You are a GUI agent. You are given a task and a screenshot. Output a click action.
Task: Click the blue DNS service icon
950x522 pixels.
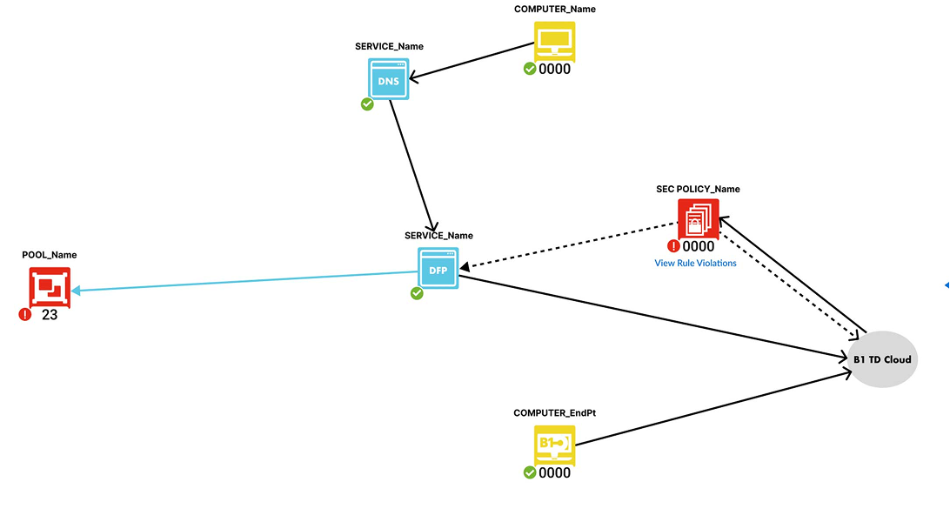click(x=388, y=79)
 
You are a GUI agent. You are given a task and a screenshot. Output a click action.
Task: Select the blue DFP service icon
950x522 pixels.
click(x=438, y=268)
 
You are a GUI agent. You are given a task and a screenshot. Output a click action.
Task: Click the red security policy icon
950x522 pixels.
click(x=698, y=219)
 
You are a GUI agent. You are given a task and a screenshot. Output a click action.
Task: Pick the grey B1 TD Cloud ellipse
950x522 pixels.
click(x=882, y=359)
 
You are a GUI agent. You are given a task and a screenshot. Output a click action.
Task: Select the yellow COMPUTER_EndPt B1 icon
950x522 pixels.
click(x=553, y=445)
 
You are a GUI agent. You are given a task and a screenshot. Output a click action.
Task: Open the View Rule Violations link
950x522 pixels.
click(x=695, y=263)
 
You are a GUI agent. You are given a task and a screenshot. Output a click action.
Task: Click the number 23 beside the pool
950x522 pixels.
click(x=50, y=315)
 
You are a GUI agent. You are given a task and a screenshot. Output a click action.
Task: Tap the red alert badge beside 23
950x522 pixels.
click(x=24, y=314)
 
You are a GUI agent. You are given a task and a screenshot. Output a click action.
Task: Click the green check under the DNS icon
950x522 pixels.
click(x=367, y=104)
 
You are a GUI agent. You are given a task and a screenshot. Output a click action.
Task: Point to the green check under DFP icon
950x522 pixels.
click(x=417, y=293)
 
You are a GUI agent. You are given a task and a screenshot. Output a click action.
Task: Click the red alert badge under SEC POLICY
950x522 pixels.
click(x=673, y=246)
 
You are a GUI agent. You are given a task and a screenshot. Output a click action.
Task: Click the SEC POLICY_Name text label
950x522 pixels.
click(x=698, y=189)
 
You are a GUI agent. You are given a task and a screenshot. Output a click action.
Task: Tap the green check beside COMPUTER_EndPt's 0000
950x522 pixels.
click(x=529, y=472)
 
